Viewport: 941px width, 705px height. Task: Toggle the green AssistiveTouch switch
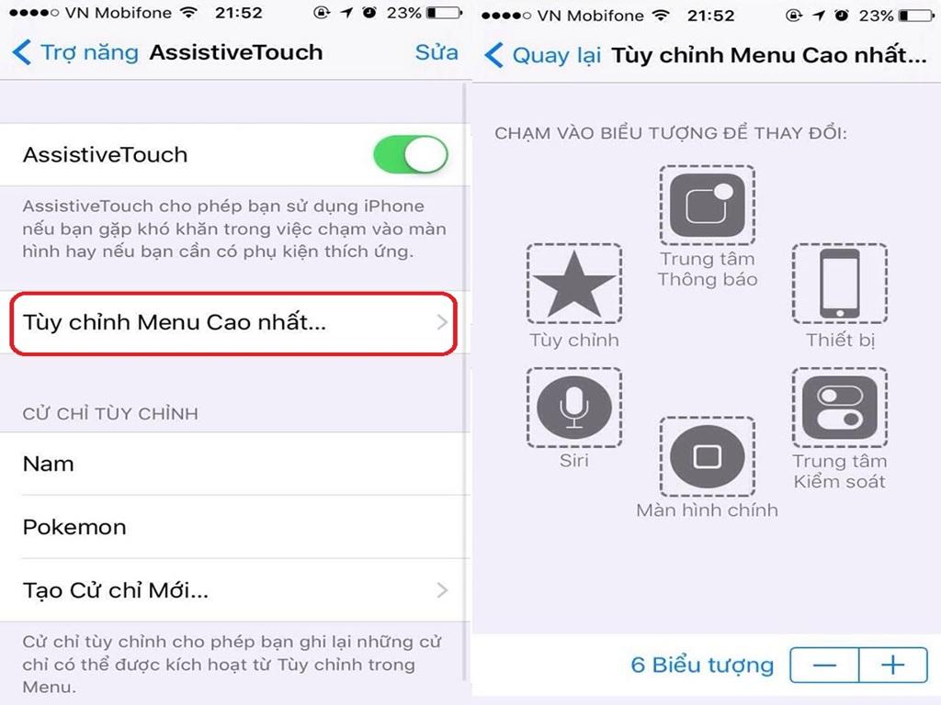[411, 154]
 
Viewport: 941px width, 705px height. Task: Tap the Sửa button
[436, 52]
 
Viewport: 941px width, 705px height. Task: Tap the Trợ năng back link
[75, 52]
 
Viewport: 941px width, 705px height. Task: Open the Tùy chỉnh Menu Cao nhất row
[233, 323]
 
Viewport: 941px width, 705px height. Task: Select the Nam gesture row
[234, 464]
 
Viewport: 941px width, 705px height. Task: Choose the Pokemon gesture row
[234, 527]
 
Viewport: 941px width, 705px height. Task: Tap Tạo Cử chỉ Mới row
[234, 590]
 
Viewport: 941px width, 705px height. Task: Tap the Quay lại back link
[542, 55]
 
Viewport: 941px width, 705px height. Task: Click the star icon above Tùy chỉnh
[574, 284]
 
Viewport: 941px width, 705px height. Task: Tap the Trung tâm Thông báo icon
[708, 205]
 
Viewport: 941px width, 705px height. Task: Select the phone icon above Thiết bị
[840, 284]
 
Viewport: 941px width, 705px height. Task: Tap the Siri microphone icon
[574, 407]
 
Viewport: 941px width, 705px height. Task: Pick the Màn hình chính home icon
[708, 457]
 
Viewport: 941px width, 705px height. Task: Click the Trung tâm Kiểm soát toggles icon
[840, 407]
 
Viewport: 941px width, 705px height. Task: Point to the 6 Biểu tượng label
[702, 665]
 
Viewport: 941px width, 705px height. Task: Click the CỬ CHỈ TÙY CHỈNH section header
[110, 413]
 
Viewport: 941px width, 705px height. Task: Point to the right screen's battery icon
[916, 16]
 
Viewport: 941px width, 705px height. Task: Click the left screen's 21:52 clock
[239, 13]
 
